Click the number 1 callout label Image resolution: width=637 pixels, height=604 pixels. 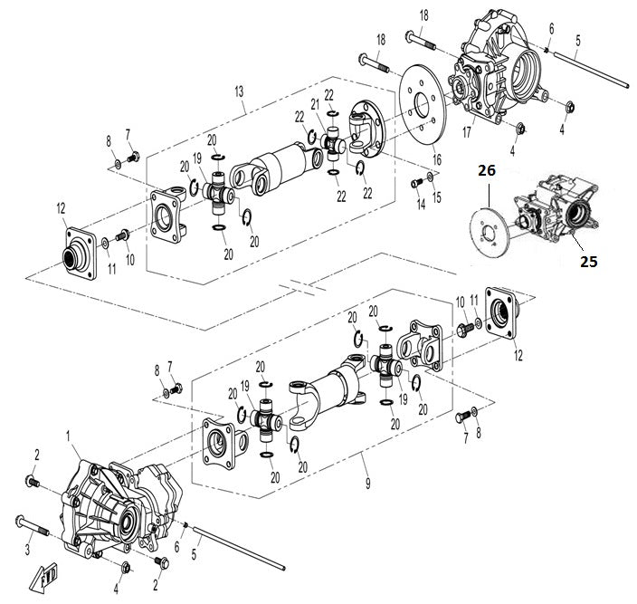[69, 436]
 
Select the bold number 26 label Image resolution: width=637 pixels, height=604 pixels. [488, 169]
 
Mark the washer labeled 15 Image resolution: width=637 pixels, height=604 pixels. [431, 178]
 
